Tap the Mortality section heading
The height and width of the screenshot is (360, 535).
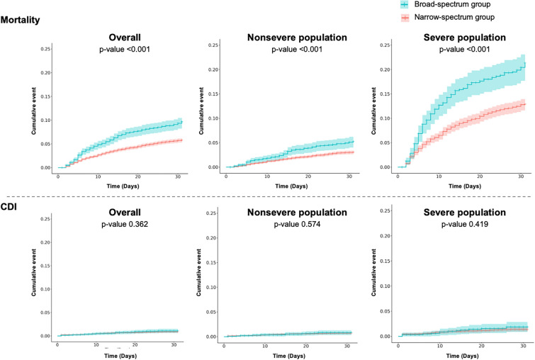(x=24, y=21)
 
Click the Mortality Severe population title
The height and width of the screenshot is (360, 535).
(x=461, y=37)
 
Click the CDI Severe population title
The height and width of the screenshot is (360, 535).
(x=461, y=212)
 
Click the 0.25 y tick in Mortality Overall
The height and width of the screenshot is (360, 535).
(x=45, y=48)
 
